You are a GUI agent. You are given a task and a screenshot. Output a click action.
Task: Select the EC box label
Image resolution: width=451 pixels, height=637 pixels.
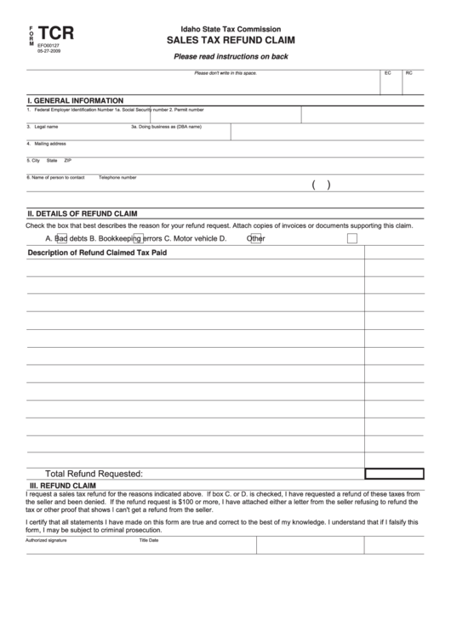click(388, 74)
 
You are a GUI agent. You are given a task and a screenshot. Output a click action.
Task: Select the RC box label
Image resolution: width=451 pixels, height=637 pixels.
click(409, 74)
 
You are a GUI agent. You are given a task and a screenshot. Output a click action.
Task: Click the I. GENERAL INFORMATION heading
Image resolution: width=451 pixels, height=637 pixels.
click(76, 100)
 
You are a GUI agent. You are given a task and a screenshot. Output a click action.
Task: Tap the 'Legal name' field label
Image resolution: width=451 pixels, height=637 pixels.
click(46, 127)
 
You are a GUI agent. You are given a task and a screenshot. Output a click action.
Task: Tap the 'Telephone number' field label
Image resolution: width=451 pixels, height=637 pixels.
click(117, 178)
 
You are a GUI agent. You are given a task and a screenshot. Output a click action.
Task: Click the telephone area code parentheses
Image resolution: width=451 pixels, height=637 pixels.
click(321, 184)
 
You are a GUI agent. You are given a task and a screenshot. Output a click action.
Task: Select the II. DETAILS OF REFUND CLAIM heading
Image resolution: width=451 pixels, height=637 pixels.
click(83, 213)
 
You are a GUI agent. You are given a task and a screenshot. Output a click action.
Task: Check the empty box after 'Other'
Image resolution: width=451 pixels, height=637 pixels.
click(351, 239)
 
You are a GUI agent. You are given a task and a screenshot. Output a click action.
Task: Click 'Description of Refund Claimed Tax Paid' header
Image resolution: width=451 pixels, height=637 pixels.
click(98, 253)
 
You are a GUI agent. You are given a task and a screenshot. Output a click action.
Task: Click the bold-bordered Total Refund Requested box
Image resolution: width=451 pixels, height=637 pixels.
click(395, 473)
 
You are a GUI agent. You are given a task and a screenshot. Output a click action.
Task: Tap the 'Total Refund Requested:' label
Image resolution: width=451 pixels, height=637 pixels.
click(94, 473)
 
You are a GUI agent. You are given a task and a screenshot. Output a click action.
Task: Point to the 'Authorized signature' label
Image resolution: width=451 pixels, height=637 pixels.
click(46, 540)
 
